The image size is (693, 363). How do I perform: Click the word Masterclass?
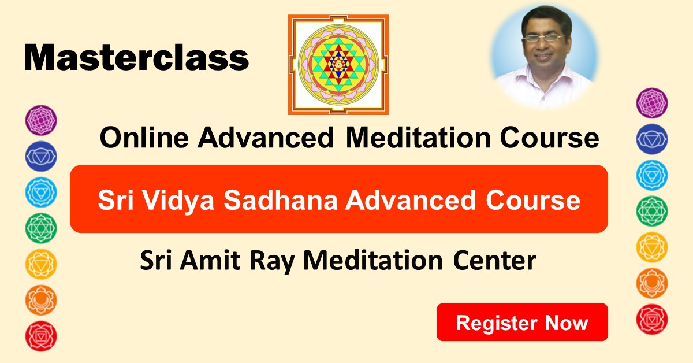pos(136,58)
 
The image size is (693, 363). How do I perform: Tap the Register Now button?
pos(522,322)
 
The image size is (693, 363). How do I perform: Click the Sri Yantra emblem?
pos(338,65)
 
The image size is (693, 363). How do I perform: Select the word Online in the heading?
pos(144,138)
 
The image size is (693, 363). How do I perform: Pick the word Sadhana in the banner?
pos(281,200)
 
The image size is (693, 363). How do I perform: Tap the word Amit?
pos(210,261)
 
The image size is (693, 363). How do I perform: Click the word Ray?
pos(271,262)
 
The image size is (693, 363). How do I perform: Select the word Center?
pos(494,261)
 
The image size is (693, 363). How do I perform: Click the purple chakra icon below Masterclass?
pos(41,120)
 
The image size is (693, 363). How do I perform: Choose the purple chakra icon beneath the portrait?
pos(652,103)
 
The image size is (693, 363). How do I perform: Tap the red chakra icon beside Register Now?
pos(652,319)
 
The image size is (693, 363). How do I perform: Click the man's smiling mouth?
pos(543,57)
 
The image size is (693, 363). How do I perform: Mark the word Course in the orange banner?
pos(532,200)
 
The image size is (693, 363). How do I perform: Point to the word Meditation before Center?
pos(373,261)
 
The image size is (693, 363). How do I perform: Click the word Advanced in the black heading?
pos(266,138)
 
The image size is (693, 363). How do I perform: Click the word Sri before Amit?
pos(155,261)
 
